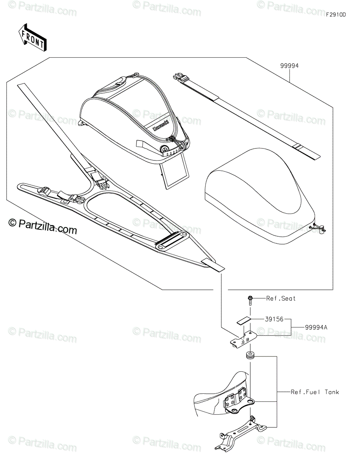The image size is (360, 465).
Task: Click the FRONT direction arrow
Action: [32, 38]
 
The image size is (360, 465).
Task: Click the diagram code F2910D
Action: [336, 15]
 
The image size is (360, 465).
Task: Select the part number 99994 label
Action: [289, 66]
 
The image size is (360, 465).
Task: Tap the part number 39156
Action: [274, 319]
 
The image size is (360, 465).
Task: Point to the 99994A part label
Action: [316, 327]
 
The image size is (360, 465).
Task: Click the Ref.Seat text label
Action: [281, 298]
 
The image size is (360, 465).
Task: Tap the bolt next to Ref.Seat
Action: [250, 301]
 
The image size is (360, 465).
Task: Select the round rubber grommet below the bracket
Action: [250, 356]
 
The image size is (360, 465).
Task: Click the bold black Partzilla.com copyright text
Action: [43, 226]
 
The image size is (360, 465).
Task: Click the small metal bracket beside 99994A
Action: [244, 339]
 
